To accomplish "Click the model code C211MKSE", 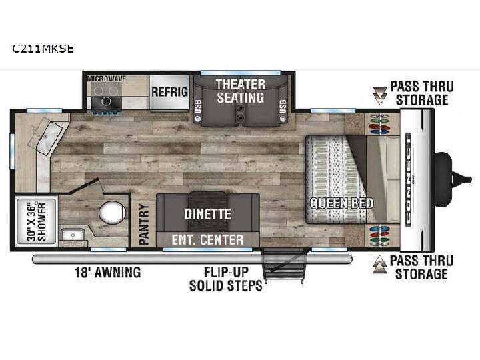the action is tap(43, 49).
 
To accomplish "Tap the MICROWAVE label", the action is tap(106, 79).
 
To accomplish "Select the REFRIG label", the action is tap(169, 92).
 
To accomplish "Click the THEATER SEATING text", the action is tap(241, 91).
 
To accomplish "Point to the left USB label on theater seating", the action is tap(198, 107).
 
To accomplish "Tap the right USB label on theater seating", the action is tap(283, 107).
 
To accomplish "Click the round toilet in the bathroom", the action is tap(112, 212).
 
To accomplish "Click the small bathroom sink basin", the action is tap(73, 235).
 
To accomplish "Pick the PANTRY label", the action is tap(143, 224).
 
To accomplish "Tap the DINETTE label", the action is tap(207, 214).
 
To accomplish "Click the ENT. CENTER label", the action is tap(207, 240).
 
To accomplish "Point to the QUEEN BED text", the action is tap(341, 203).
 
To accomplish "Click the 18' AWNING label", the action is tap(108, 272).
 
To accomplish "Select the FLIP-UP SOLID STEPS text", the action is tap(226, 279).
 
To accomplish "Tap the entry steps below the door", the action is tap(284, 266).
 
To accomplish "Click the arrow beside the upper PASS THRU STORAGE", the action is tap(379, 95).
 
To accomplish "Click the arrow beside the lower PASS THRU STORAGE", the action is tap(379, 264).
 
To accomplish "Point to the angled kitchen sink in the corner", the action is tap(47, 135).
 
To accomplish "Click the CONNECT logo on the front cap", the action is tap(409, 180).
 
